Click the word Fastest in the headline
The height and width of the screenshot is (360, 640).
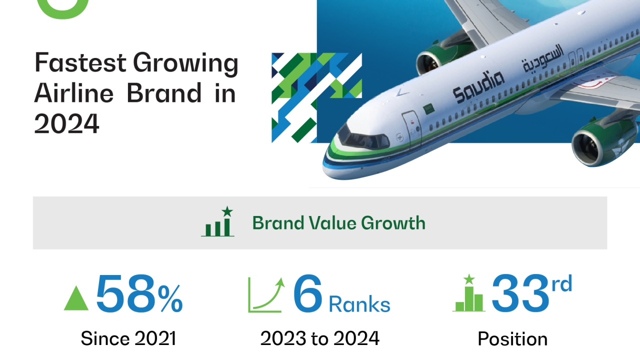coord(80,62)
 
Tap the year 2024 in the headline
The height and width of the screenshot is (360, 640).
coord(66,123)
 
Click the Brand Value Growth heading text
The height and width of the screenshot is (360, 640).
coord(339,223)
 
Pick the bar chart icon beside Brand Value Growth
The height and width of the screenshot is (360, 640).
coord(217,221)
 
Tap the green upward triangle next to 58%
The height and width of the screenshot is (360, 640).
coord(76,298)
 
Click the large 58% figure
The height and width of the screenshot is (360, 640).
coord(139,293)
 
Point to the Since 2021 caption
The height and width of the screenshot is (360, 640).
coord(128,338)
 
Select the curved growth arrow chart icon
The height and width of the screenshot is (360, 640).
coord(266,294)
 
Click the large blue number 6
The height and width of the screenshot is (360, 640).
coord(308,293)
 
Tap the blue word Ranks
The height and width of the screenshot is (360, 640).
coord(359,304)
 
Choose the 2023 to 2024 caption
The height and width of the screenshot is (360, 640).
coord(320,338)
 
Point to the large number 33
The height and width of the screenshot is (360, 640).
coord(520,293)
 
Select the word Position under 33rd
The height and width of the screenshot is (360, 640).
coord(512,339)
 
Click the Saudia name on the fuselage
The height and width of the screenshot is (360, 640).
coord(478,87)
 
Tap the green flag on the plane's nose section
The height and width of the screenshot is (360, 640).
coord(428,109)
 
